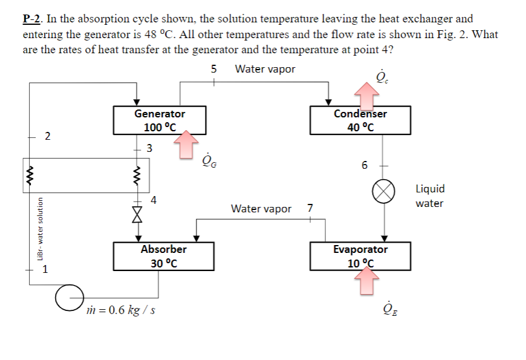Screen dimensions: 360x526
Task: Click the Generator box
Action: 160,120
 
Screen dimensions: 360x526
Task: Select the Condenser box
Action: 360,120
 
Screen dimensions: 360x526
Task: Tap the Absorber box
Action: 163,256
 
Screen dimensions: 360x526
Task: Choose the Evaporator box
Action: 360,256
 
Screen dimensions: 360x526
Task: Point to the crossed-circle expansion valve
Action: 383,192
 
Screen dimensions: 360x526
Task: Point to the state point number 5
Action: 213,69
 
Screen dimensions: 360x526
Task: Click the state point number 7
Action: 310,209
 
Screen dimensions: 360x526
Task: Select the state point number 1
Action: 44,270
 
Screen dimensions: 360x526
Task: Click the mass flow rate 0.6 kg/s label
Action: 122,310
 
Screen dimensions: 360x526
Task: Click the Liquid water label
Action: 429,196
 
